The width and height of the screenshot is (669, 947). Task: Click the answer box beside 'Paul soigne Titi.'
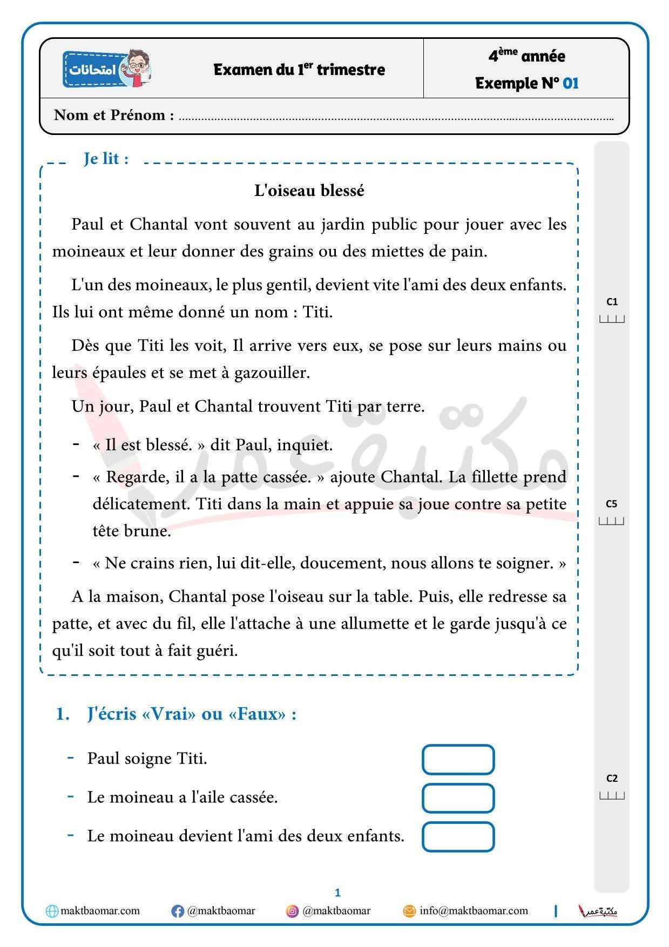click(x=458, y=759)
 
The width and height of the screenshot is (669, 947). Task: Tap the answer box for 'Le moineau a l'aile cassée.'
click(x=458, y=798)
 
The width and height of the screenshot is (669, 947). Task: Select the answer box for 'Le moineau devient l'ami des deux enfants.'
click(x=458, y=836)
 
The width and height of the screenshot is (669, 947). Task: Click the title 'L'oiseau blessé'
click(x=309, y=191)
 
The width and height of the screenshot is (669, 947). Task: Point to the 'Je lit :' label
click(x=106, y=159)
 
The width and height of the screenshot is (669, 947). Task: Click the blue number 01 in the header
click(x=570, y=83)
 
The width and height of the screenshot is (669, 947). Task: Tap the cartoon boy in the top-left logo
click(x=137, y=68)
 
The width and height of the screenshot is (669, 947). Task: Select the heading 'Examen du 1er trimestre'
click(x=299, y=70)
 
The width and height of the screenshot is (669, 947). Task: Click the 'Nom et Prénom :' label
click(x=114, y=115)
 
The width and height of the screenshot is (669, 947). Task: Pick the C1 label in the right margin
click(x=612, y=302)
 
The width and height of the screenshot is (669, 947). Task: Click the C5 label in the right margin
click(x=611, y=504)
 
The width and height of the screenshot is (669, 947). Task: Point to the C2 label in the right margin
click(x=612, y=778)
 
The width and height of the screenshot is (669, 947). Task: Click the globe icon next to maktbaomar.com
click(x=52, y=911)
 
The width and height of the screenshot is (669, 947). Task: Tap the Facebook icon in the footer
click(x=178, y=911)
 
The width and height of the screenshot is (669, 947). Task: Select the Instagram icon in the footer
click(x=292, y=911)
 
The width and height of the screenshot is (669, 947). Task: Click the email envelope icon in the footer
click(x=410, y=911)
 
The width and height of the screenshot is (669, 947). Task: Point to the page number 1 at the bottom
click(x=337, y=892)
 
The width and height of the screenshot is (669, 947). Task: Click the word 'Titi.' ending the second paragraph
click(x=317, y=312)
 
